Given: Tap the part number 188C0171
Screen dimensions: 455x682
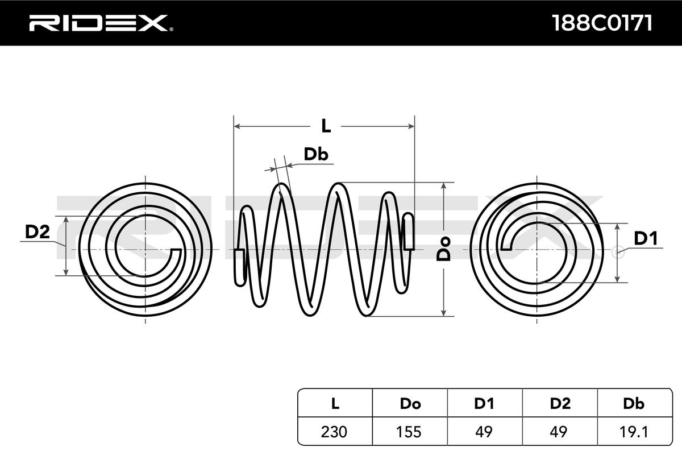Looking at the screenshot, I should (x=602, y=23).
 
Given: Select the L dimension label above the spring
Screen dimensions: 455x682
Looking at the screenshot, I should (x=326, y=126).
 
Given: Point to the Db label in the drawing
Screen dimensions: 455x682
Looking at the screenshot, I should (x=316, y=154).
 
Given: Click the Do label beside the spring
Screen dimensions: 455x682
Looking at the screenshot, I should (x=444, y=249).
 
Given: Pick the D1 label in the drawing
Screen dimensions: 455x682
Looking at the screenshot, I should (x=645, y=239).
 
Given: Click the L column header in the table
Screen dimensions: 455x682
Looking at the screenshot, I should (x=335, y=404).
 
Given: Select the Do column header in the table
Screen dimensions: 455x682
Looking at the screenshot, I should (x=410, y=404).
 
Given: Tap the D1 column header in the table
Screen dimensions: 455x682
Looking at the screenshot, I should (x=484, y=404).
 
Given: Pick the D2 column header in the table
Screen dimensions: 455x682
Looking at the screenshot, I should (x=560, y=404).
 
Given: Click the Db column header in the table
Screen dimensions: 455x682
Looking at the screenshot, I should (x=634, y=404).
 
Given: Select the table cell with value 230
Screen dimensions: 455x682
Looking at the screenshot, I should (x=335, y=432).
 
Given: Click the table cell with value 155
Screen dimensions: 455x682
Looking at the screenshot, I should (x=410, y=432).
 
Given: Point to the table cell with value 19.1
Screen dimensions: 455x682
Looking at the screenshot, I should (x=634, y=432).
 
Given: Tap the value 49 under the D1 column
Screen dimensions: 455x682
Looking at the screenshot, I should (x=484, y=432).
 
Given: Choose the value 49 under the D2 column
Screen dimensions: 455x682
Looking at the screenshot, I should (x=560, y=432).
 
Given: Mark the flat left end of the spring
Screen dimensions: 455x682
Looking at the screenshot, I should (x=240, y=266).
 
